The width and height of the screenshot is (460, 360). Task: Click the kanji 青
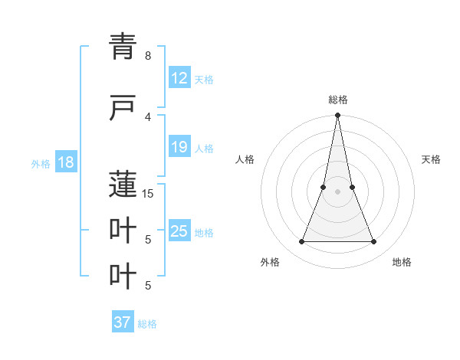tap(123, 47)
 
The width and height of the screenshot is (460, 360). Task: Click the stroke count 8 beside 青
tap(148, 56)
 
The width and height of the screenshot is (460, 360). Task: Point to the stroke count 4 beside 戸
tap(148, 116)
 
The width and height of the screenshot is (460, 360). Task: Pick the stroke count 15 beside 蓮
tap(148, 193)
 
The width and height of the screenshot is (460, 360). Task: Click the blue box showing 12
tap(179, 78)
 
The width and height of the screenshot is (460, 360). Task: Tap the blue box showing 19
tap(179, 147)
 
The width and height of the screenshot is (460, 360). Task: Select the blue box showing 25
tap(179, 231)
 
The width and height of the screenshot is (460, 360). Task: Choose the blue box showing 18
tap(65, 162)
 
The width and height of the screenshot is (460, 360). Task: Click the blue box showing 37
tap(123, 322)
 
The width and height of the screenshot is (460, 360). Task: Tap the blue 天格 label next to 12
tap(204, 79)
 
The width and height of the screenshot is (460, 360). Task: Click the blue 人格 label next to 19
tap(204, 148)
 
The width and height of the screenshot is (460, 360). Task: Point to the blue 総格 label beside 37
tap(147, 323)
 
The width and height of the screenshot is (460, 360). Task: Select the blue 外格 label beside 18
tap(40, 163)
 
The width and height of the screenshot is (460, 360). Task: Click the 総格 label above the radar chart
tap(337, 100)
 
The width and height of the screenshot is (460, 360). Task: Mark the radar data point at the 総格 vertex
tap(337, 116)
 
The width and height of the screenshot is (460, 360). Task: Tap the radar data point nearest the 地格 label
tap(374, 242)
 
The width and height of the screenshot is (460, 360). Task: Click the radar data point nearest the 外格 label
tap(301, 242)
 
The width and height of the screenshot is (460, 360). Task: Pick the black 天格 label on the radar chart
tap(431, 159)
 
